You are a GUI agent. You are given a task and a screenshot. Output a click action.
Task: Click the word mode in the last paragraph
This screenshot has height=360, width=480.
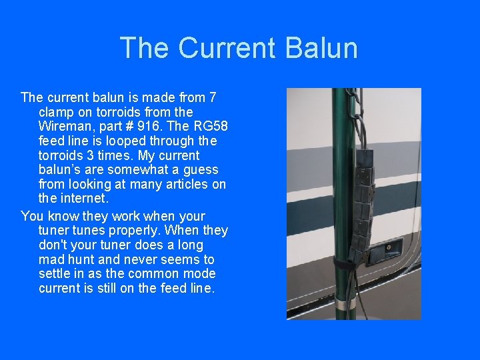coord(199,274)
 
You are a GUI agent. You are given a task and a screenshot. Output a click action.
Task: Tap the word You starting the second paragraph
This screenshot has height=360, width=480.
coord(32,216)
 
